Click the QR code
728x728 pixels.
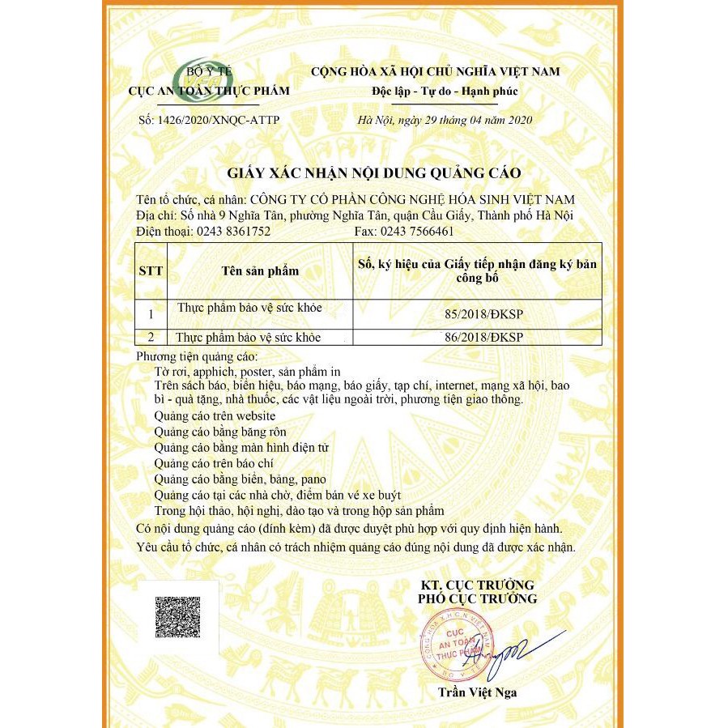[x=177, y=617]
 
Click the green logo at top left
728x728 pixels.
[x=197, y=72]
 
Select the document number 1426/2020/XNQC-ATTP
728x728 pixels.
[x=209, y=120]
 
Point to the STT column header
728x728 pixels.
[x=151, y=271]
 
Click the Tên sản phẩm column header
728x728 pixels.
[x=260, y=271]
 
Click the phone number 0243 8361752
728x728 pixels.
[x=232, y=232]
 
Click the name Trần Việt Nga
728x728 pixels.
[x=477, y=692]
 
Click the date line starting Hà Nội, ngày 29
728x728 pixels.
[x=445, y=120]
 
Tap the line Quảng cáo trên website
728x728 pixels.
[x=208, y=415]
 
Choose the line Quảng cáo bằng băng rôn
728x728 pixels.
[x=219, y=432]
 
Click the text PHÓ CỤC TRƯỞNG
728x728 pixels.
[x=477, y=598]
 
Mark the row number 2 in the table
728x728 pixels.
[x=151, y=337]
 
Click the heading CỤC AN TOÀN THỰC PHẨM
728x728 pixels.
[x=209, y=91]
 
